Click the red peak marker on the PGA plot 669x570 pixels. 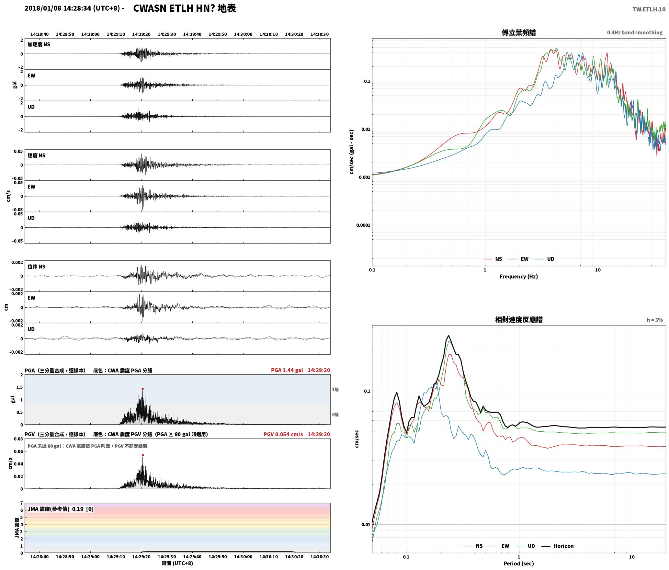(x=142, y=389)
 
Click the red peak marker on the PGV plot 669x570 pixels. (x=143, y=455)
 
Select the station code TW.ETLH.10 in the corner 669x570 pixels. (x=649, y=9)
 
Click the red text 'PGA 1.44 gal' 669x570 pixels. (x=287, y=370)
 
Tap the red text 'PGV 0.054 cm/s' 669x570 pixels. (x=283, y=434)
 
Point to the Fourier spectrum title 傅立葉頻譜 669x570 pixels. (x=519, y=32)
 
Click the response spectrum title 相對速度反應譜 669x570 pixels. (x=519, y=320)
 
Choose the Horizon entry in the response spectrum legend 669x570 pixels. (x=558, y=546)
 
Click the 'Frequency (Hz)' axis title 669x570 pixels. (x=519, y=276)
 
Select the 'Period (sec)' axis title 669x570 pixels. (x=519, y=563)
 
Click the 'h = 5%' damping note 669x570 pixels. (x=655, y=320)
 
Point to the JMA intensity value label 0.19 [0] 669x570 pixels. (x=83, y=509)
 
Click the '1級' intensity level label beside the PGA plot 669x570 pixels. (x=335, y=390)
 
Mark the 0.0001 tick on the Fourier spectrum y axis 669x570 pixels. (x=363, y=225)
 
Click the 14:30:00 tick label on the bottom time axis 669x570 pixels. (x=243, y=556)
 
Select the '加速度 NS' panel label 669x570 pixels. (x=39, y=44)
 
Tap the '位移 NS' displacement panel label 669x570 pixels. (x=37, y=267)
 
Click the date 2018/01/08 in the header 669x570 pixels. (x=43, y=8)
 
